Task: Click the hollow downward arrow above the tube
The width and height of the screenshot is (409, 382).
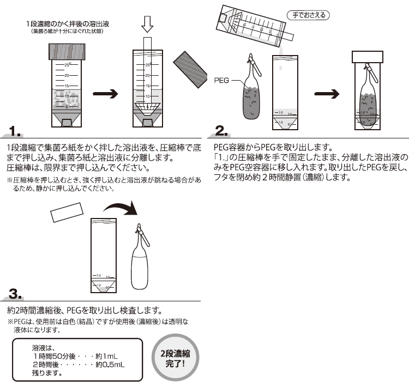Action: (x=147, y=25)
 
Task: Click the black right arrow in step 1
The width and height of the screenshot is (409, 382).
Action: (x=106, y=94)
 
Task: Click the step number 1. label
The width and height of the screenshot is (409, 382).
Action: (x=15, y=131)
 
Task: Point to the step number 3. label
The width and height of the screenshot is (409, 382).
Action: (x=15, y=295)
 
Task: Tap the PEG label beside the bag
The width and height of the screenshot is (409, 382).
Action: (x=221, y=80)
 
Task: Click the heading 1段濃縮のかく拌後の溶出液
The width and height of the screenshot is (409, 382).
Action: (x=68, y=24)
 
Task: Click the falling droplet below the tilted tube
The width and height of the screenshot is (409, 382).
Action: (x=278, y=67)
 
